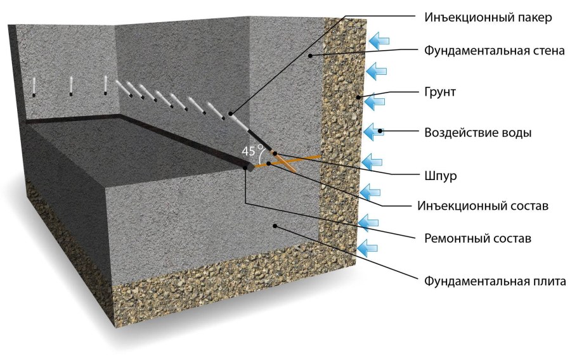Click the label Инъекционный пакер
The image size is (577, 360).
[488, 17]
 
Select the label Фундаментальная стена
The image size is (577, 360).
[495, 51]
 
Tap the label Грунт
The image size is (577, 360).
[441, 93]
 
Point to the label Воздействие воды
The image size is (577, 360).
[477, 133]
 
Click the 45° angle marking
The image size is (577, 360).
[252, 151]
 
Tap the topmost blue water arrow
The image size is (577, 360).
[380, 40]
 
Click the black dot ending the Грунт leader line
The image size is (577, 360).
[360, 97]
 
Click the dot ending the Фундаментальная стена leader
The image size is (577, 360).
[309, 56]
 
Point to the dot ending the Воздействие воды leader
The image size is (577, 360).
[380, 131]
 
